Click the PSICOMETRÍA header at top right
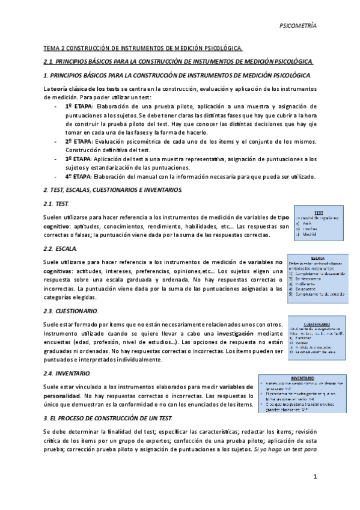pos(299,26)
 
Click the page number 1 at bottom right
pos(314,477)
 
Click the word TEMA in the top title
pos(52,48)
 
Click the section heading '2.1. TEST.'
pos(58,204)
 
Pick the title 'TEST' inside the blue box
pos(318,212)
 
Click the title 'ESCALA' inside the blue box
pos(319,257)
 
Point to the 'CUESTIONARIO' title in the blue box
pos(319,322)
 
